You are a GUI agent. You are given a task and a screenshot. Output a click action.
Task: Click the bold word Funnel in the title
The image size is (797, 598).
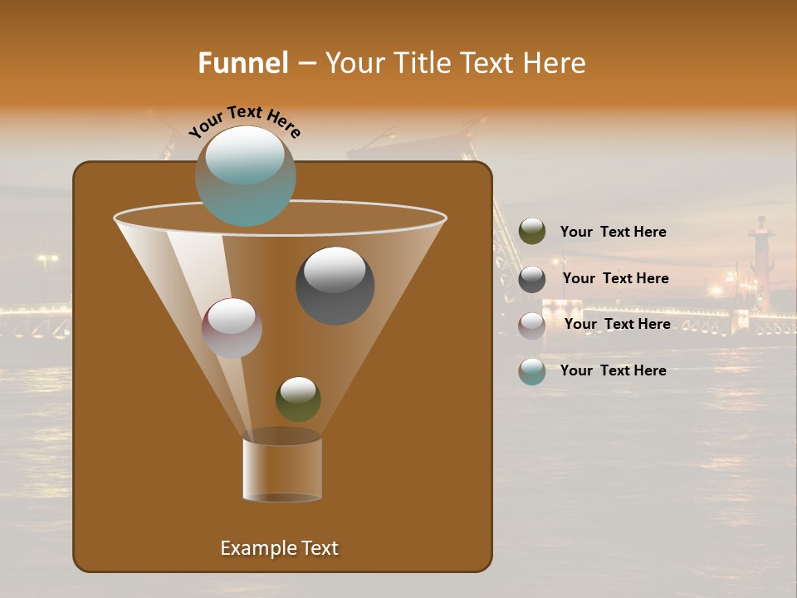(243, 63)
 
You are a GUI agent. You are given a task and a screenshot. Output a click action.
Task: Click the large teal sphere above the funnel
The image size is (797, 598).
(245, 176)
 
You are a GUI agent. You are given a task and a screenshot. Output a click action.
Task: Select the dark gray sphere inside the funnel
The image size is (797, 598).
(335, 285)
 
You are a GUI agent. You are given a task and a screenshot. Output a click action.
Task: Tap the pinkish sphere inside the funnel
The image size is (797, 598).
(232, 328)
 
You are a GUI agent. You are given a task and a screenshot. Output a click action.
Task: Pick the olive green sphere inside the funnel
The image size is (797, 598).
(298, 399)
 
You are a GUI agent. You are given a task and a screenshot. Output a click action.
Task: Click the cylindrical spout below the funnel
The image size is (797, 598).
(282, 468)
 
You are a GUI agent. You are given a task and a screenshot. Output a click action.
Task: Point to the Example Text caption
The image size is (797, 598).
(279, 548)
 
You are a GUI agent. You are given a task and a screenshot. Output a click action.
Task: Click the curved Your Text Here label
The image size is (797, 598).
(244, 121)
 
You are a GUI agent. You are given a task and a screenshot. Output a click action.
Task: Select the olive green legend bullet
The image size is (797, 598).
(532, 232)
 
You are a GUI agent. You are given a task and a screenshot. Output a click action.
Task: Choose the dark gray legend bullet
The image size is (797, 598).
(532, 279)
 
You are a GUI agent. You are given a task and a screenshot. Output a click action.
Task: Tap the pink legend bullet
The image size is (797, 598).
(532, 326)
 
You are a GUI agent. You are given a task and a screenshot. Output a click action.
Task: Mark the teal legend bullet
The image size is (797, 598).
(532, 371)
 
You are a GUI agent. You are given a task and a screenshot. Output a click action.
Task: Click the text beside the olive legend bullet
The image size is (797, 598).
(613, 232)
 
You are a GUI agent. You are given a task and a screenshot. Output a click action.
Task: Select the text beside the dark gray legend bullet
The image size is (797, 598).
(615, 278)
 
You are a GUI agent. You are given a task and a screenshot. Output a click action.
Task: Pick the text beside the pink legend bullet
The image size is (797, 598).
(617, 324)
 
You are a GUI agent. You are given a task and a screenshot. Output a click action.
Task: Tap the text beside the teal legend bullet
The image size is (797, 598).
(613, 370)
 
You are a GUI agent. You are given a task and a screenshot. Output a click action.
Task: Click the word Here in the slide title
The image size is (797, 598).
(557, 63)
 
